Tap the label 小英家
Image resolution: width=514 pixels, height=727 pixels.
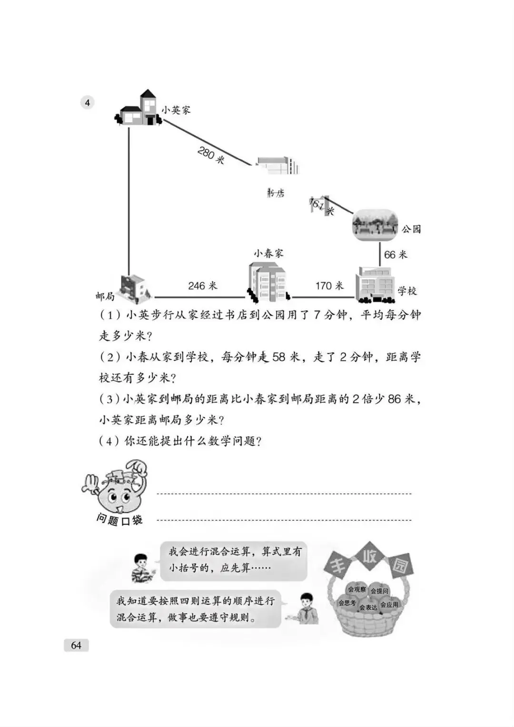click(176, 110)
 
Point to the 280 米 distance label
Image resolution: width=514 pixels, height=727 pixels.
click(211, 155)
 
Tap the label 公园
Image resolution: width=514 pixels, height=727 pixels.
click(411, 229)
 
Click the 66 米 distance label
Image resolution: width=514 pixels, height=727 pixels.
click(395, 255)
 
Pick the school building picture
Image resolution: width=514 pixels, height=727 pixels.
click(375, 284)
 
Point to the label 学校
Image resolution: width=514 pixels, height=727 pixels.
click(407, 291)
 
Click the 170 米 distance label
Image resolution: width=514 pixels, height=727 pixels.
click(329, 286)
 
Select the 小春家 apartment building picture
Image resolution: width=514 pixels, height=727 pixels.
click(267, 282)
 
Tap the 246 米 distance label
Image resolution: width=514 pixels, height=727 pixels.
click(202, 286)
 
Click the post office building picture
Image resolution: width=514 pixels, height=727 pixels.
click(135, 288)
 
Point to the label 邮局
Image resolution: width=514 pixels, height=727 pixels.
click(105, 296)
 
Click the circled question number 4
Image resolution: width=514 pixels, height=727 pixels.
click(87, 102)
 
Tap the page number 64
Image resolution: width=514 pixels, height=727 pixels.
click(76, 645)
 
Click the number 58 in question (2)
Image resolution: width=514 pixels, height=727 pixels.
click(279, 357)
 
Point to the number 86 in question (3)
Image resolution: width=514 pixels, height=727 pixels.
click(395, 399)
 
